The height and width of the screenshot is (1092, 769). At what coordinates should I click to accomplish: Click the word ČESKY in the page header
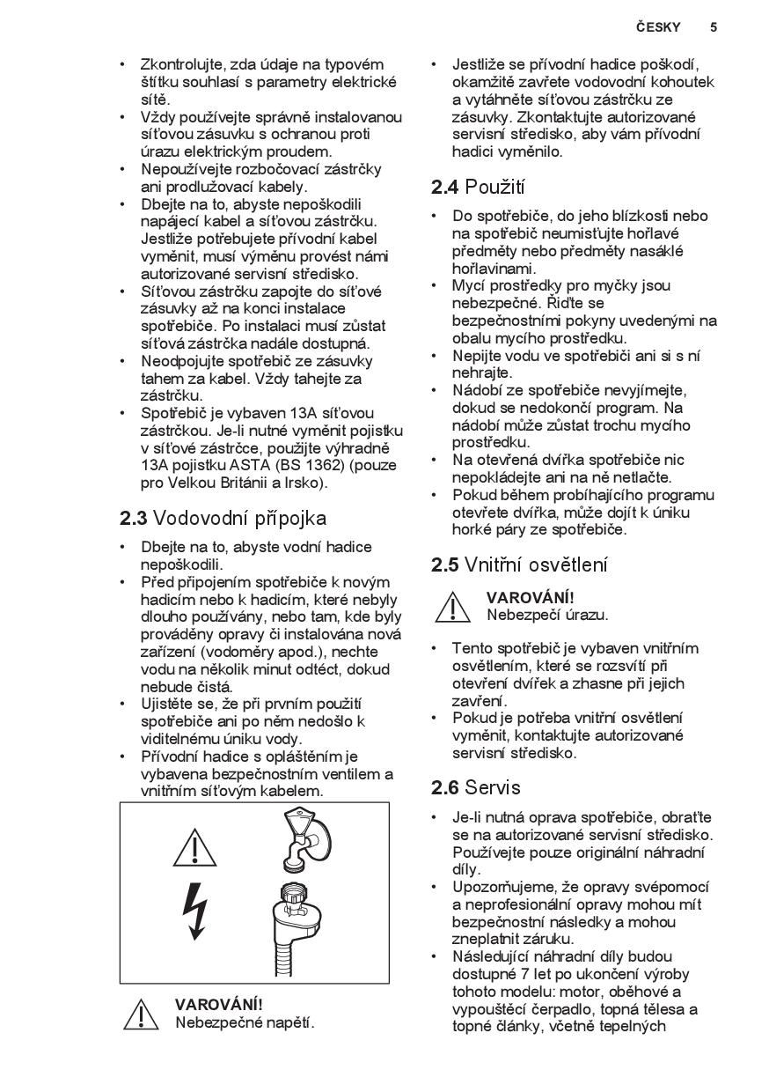point(658,27)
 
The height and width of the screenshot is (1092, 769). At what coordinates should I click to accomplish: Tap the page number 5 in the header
point(714,27)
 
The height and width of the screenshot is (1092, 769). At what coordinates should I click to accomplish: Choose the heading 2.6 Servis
point(476,786)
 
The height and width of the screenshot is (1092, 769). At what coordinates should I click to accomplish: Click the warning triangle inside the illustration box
point(195,847)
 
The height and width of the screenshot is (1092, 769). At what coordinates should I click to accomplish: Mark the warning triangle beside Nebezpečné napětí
point(141,1015)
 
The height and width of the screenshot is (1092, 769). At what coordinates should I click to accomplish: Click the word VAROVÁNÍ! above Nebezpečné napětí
point(218,1005)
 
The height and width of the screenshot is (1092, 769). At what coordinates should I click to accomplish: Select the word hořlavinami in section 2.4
point(494,269)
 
